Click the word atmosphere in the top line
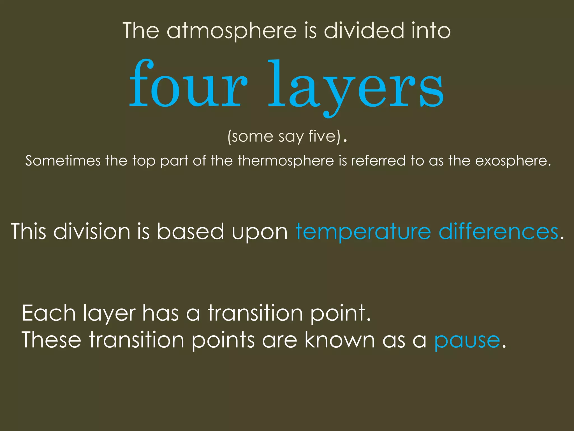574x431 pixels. click(232, 31)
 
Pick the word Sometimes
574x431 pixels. click(63, 161)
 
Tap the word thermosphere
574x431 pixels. click(286, 161)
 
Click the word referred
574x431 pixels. click(378, 161)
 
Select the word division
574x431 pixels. click(92, 232)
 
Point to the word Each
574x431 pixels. click(49, 313)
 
